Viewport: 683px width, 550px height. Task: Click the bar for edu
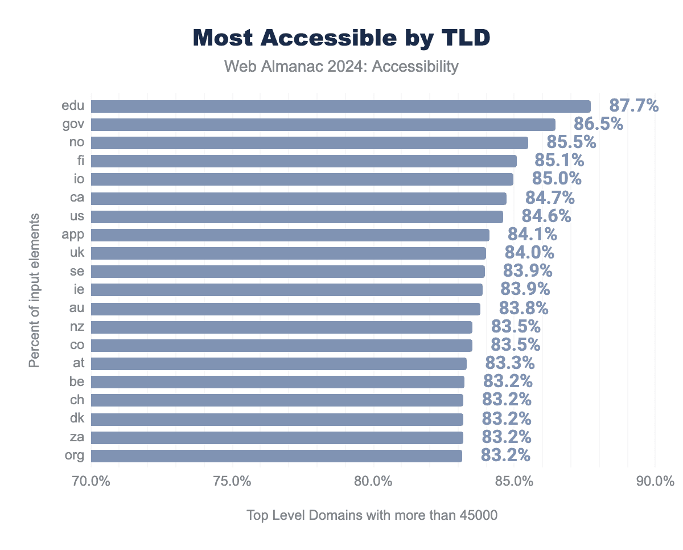pos(340,106)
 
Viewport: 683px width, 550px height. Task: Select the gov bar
pos(323,125)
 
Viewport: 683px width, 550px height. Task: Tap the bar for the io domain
pos(302,179)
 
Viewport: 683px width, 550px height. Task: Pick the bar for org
pos(276,455)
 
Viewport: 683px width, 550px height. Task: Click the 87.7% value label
pos(633,105)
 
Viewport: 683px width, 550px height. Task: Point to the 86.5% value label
pos(598,124)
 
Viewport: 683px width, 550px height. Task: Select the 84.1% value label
pos(532,234)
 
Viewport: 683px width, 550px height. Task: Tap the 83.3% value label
pos(509,363)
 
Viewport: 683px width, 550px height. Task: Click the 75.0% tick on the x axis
pos(233,482)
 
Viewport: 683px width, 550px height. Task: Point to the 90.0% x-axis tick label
pos(655,482)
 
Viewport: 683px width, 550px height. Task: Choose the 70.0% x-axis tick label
pos(91,482)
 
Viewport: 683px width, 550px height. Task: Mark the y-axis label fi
pos(80,161)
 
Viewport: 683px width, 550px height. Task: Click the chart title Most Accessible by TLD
pos(341,38)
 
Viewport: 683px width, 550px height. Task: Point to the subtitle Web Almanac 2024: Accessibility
pos(341,67)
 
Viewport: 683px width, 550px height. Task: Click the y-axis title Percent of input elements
pos(35,290)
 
